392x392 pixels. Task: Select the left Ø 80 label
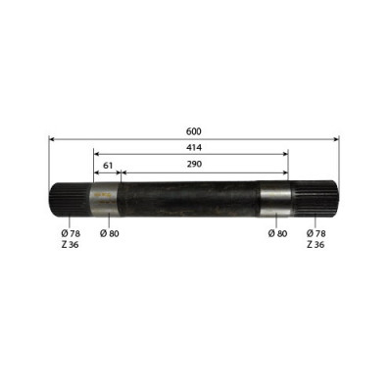point(109,234)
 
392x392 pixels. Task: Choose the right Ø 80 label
point(276,234)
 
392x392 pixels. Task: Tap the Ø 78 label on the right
point(316,234)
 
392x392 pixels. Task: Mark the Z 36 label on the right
point(316,245)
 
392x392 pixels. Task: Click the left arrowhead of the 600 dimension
point(51,140)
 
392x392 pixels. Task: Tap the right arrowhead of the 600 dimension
point(336,140)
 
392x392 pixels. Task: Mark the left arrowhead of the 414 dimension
point(97,154)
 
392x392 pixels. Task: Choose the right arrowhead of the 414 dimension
point(285,154)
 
